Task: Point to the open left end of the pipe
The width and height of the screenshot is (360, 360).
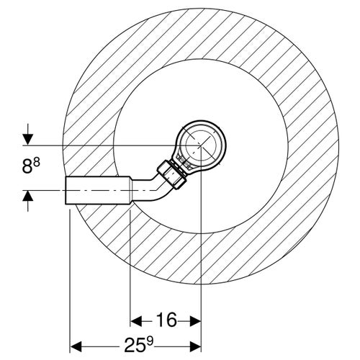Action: click(x=68, y=191)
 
